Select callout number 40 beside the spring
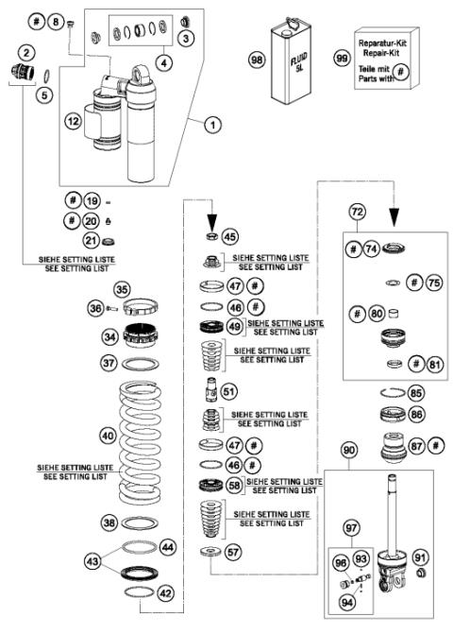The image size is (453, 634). (83, 436)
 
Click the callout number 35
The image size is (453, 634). (121, 289)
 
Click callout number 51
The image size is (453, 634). (228, 389)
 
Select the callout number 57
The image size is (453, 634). (230, 548)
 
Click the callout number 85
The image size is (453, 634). (415, 392)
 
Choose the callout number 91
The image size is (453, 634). (421, 557)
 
